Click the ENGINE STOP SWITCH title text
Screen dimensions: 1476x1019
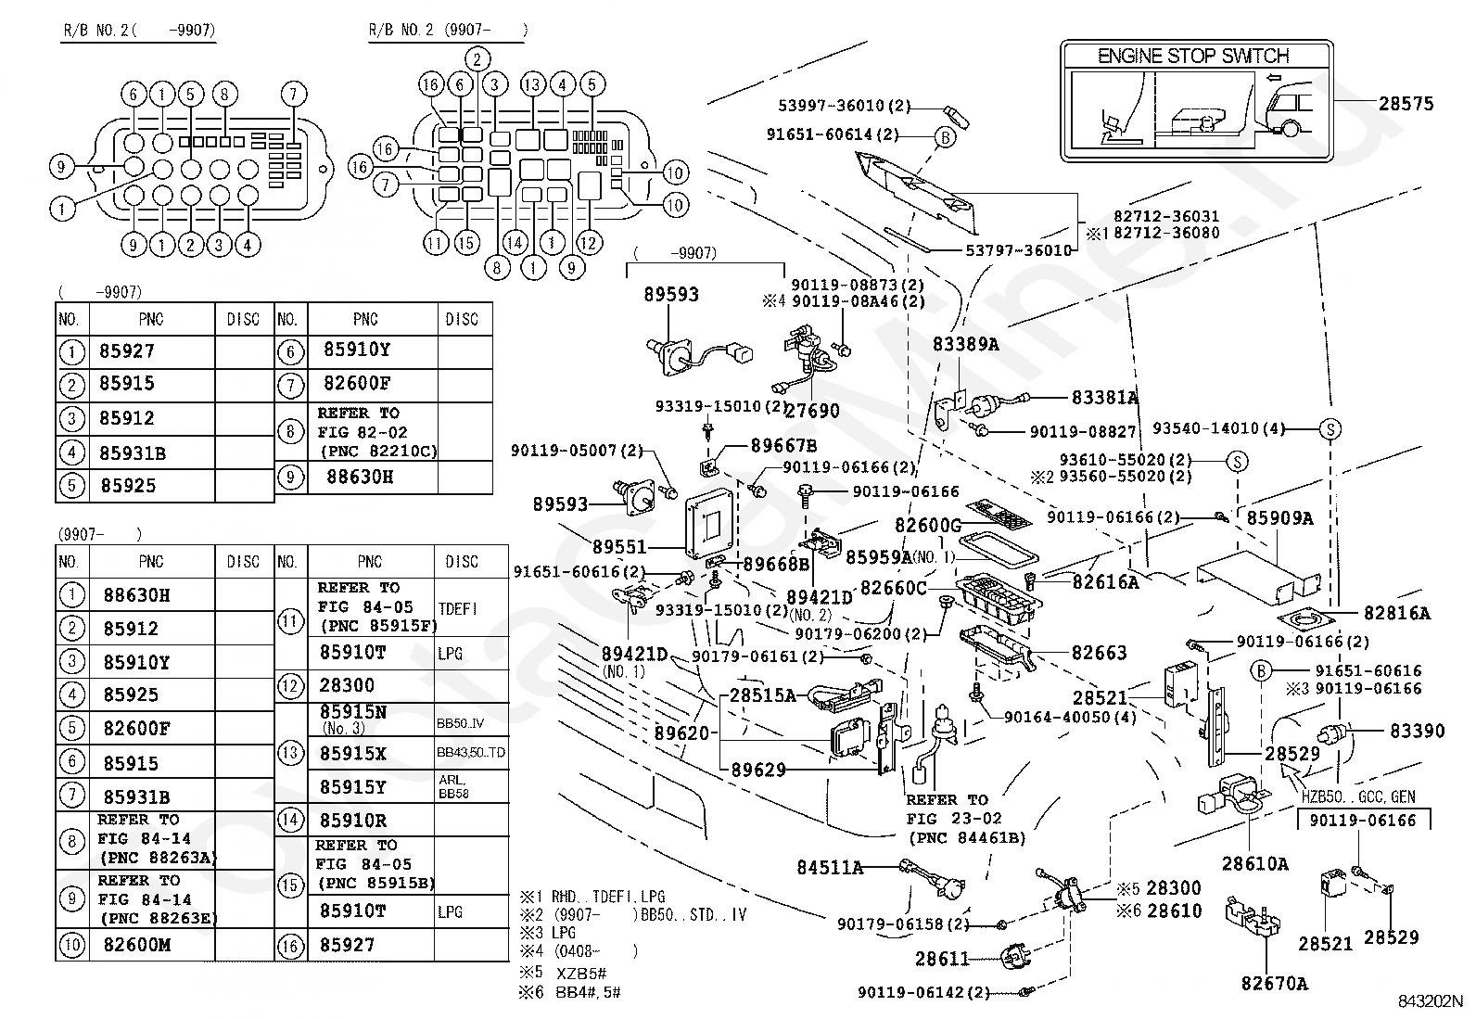[1192, 56]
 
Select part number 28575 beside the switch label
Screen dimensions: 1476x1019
[1406, 104]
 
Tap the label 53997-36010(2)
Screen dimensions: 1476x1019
[844, 106]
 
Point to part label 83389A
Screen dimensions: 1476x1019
[965, 344]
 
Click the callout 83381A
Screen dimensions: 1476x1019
[1105, 398]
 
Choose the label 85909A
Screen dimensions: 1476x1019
[1279, 518]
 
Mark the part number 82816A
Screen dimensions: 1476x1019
[1397, 613]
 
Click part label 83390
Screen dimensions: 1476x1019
[1418, 731]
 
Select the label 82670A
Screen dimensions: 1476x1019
[1275, 984]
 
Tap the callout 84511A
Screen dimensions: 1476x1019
[830, 868]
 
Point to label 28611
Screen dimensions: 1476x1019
[942, 959]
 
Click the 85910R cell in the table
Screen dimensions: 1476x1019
[353, 821]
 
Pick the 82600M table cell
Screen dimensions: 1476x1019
[137, 945]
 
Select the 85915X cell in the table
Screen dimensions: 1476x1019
[353, 754]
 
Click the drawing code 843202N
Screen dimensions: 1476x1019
[1430, 1000]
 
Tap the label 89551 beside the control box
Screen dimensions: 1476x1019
[619, 547]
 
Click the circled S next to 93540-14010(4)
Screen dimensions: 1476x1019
[1330, 429]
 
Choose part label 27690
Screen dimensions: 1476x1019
[812, 411]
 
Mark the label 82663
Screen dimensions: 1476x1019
[1099, 653]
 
